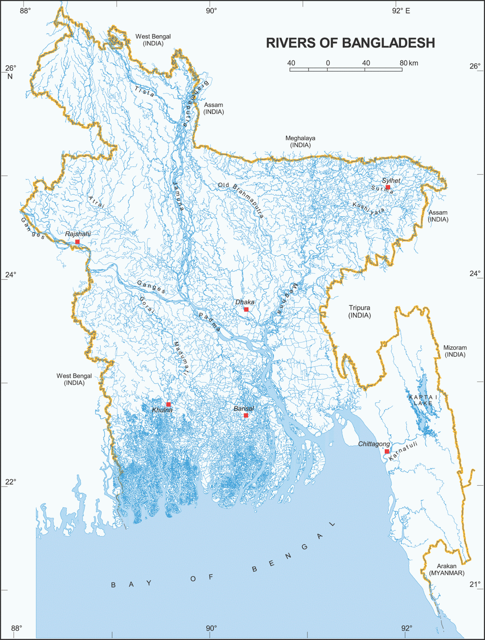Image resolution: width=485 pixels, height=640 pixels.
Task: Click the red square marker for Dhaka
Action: click(246, 309)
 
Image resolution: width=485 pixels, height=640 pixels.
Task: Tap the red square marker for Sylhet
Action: click(388, 187)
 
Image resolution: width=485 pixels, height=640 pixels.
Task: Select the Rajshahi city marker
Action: click(77, 242)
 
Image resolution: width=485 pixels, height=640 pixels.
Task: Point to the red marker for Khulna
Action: click(169, 404)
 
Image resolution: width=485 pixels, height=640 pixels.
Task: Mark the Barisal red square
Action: click(246, 415)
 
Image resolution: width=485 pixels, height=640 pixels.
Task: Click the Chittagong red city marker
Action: click(386, 451)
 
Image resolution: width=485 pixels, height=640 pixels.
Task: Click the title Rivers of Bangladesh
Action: click(350, 43)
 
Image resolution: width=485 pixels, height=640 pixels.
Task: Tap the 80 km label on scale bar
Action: click(409, 63)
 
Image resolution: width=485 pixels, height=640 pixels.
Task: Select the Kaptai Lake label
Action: click(423, 400)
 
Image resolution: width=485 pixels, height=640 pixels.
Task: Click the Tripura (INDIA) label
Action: click(359, 311)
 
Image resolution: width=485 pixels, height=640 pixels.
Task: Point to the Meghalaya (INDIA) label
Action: click(300, 141)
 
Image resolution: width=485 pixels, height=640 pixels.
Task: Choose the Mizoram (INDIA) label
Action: click(455, 351)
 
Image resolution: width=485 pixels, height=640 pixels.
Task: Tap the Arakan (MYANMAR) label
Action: click(447, 569)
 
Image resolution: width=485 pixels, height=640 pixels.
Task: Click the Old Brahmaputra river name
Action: click(241, 200)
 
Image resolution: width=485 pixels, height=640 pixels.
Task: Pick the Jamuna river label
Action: click(179, 196)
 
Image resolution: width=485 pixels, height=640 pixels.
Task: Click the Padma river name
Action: click(210, 322)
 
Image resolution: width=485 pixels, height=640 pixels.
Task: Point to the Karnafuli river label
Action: click(403, 451)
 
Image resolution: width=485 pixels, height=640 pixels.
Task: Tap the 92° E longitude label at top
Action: click(401, 11)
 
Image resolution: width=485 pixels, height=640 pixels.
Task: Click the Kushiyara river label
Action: click(368, 209)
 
